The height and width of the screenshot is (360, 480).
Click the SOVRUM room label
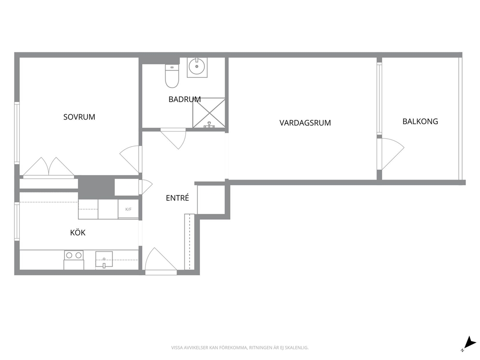(x=79, y=117)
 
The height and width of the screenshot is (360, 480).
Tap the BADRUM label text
(x=184, y=99)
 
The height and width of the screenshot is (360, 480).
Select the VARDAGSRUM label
(x=305, y=123)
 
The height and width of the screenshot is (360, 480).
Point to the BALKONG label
(x=420, y=121)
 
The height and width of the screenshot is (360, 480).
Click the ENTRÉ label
(x=177, y=198)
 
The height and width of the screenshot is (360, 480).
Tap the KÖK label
(x=78, y=232)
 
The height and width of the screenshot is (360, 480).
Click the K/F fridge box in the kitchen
(x=128, y=210)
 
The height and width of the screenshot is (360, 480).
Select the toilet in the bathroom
(x=172, y=76)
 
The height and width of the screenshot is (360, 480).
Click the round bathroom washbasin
(x=197, y=67)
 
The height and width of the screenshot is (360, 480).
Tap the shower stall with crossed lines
(x=209, y=113)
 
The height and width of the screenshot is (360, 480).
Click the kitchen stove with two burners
(x=74, y=260)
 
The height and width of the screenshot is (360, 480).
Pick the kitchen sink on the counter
(x=104, y=259)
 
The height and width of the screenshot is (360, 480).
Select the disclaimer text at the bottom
(x=240, y=348)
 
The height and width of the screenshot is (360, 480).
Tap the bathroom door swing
(x=173, y=139)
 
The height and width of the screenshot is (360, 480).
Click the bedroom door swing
(x=130, y=159)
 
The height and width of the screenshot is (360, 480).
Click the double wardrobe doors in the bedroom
(x=48, y=167)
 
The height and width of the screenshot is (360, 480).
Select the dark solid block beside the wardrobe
(x=96, y=187)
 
